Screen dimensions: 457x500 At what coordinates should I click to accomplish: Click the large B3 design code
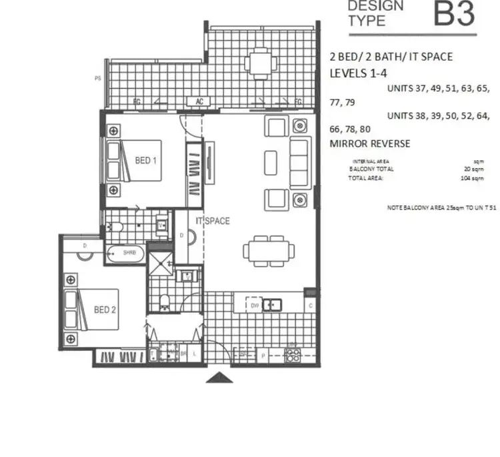tap(454, 14)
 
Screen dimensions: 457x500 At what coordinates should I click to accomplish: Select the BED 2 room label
tap(105, 310)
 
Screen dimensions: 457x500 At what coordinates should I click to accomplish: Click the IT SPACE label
tap(213, 221)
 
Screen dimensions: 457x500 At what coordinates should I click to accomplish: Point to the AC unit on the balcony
tap(199, 102)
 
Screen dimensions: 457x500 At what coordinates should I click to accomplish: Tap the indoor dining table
tap(267, 252)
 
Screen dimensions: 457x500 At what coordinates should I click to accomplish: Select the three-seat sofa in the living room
tap(299, 163)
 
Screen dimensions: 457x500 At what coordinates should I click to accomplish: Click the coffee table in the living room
tap(270, 162)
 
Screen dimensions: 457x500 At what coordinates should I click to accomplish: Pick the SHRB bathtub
tap(125, 253)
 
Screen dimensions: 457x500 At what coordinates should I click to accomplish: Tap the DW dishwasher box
tap(254, 306)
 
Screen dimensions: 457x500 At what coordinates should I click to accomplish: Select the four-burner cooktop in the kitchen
tap(292, 354)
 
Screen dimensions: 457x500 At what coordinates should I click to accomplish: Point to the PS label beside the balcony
tap(98, 78)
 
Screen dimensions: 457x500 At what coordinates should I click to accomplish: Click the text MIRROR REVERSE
tap(370, 143)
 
